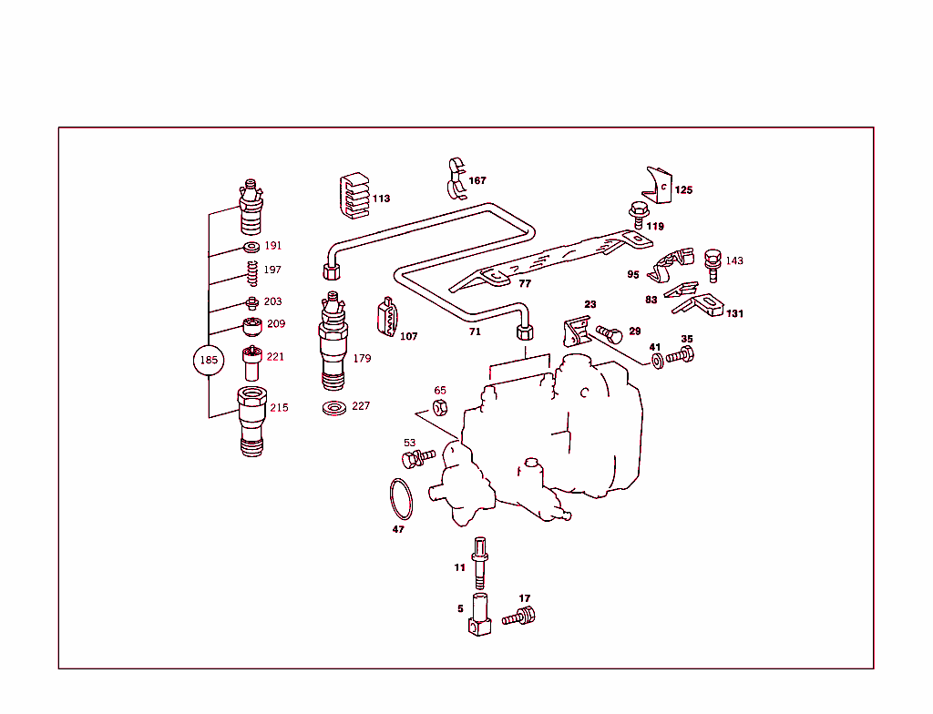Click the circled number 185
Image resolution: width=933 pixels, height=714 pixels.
[209, 360]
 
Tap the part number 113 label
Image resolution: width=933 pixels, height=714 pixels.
[381, 199]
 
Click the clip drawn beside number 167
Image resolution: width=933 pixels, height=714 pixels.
[456, 178]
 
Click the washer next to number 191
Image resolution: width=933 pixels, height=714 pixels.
[251, 247]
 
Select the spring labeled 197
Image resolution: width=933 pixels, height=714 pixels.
[251, 271]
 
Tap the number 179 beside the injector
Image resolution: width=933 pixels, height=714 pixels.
[362, 359]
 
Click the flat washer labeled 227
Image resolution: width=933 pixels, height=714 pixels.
[334, 406]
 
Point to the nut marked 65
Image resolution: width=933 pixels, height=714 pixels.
[437, 407]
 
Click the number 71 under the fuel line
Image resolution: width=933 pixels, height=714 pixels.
[475, 333]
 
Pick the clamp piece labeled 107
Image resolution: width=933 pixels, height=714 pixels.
[386, 317]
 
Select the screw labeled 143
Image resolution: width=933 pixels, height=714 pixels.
[713, 263]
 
